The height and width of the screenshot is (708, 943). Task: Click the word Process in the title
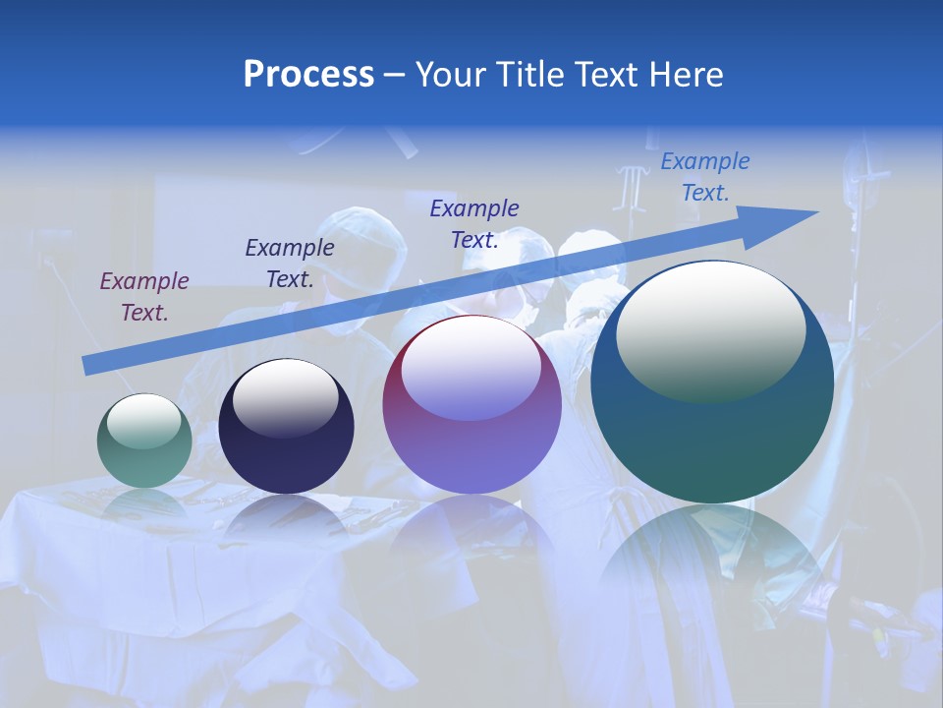pyautogui.click(x=308, y=75)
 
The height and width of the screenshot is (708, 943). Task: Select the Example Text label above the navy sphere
pyautogui.click(x=290, y=264)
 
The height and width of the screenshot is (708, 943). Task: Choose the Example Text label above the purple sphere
pyautogui.click(x=474, y=224)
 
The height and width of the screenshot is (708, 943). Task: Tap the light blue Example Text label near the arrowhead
pyautogui.click(x=705, y=177)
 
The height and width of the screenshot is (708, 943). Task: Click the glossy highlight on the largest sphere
pyautogui.click(x=710, y=329)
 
